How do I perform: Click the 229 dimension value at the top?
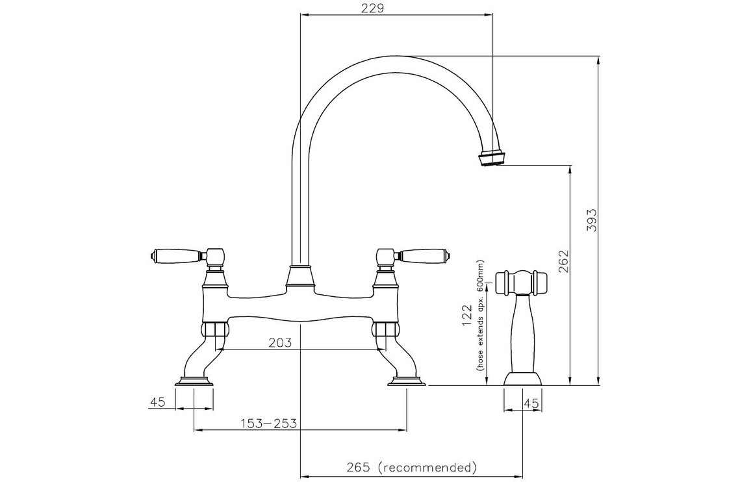373,8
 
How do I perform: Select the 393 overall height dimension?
592,220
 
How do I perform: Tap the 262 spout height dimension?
564,261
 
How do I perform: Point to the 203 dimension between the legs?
280,342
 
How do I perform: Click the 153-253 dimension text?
269,424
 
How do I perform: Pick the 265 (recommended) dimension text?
411,466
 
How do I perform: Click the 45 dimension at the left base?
158,402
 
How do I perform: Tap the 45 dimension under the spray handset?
531,403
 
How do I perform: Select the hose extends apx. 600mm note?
479,315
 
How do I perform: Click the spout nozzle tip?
491,159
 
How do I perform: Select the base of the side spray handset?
522,378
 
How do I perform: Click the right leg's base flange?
406,381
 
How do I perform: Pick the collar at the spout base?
300,277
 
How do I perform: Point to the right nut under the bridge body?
385,329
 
